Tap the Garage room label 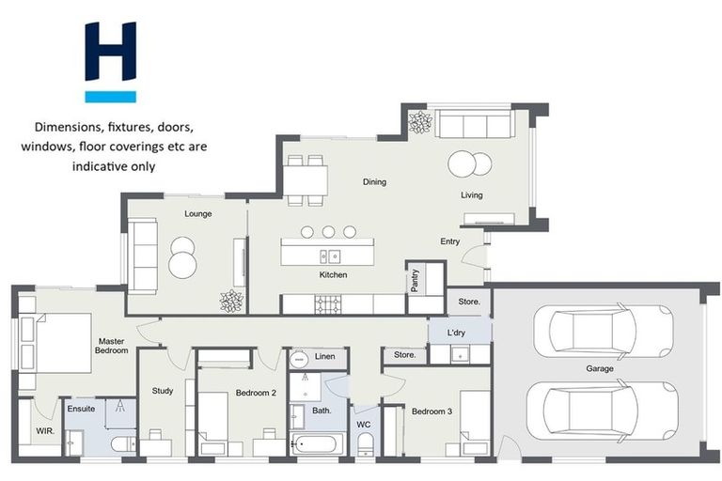tap(599, 368)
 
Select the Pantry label tap(415, 281)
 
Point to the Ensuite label tap(81, 409)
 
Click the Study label tap(162, 391)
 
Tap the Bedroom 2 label tap(255, 393)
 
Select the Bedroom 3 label tap(432, 411)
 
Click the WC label tap(364, 425)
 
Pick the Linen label tap(324, 357)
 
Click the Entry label tap(450, 241)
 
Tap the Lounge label tap(197, 213)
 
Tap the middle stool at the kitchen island tap(328, 232)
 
